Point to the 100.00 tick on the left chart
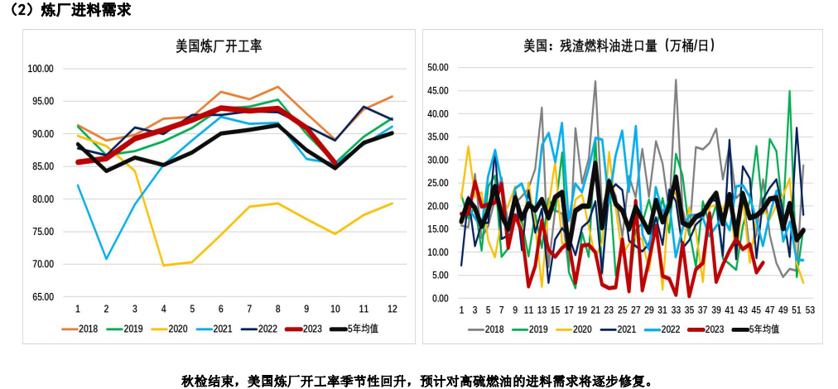pos(41,69)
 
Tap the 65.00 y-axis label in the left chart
pos(41,296)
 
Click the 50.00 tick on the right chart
pos(436,67)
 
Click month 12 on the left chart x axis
pos(392,309)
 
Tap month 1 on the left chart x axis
pos(78,309)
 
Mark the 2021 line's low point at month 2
pos(106,259)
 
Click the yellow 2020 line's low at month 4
pos(163,266)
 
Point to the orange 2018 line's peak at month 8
pos(277,86)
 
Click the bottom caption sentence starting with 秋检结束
pos(417,380)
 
